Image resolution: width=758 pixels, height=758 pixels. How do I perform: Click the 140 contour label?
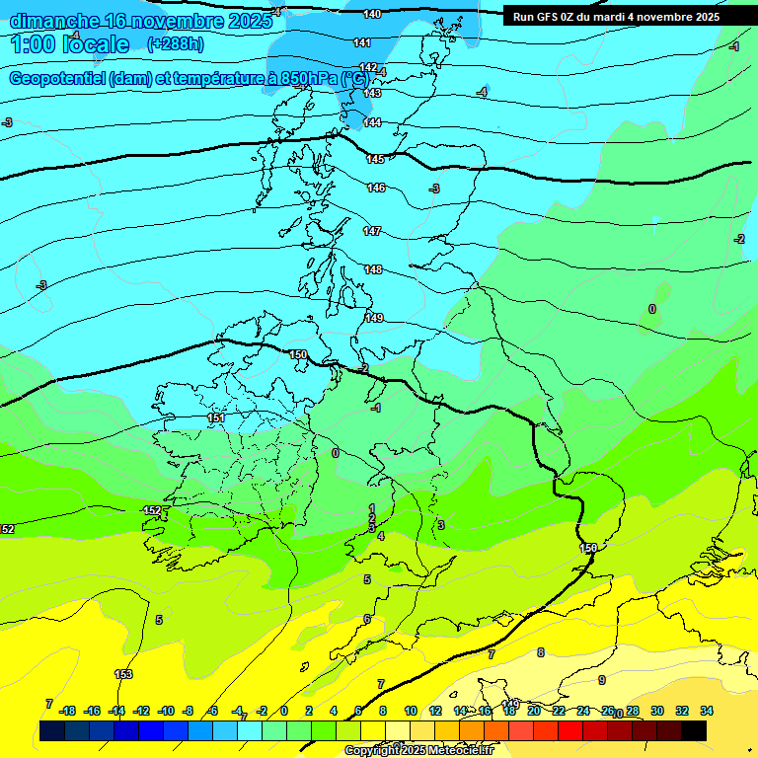coord(372,14)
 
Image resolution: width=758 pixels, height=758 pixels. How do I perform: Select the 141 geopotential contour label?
coord(362,42)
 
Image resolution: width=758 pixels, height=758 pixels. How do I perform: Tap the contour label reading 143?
coord(372,93)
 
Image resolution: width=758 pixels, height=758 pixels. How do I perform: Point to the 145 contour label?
coord(375,159)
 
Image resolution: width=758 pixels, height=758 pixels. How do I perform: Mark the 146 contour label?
coord(376,188)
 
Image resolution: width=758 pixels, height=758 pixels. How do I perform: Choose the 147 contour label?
coord(372,231)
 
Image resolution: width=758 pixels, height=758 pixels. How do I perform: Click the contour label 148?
coord(373,269)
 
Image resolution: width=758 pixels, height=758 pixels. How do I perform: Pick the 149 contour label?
coord(374,318)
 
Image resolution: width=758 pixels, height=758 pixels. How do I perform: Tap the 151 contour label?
coord(217,418)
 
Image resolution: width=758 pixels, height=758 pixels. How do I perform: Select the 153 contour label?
coord(123,674)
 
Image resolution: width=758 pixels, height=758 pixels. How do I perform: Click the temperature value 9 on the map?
coord(601,680)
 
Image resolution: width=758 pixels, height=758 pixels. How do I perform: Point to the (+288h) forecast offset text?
coord(176,44)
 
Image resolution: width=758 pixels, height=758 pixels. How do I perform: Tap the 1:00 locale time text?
coord(69,44)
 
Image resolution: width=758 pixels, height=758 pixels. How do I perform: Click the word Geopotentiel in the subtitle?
coord(59,78)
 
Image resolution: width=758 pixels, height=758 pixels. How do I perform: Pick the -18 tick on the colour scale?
coord(68,711)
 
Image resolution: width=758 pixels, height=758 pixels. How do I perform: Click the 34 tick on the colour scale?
coord(707,711)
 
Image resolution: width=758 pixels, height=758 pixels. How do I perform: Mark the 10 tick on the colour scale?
coord(411,711)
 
